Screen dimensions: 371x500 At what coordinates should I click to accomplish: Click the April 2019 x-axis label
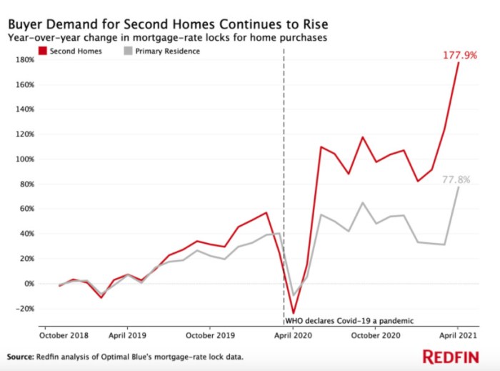point(127,334)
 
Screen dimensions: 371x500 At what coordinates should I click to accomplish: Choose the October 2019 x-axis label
point(209,334)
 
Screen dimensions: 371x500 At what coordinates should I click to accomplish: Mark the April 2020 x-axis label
point(293,334)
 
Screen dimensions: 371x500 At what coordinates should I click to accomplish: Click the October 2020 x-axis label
point(375,334)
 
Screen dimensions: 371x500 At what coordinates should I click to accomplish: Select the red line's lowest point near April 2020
point(293,313)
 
